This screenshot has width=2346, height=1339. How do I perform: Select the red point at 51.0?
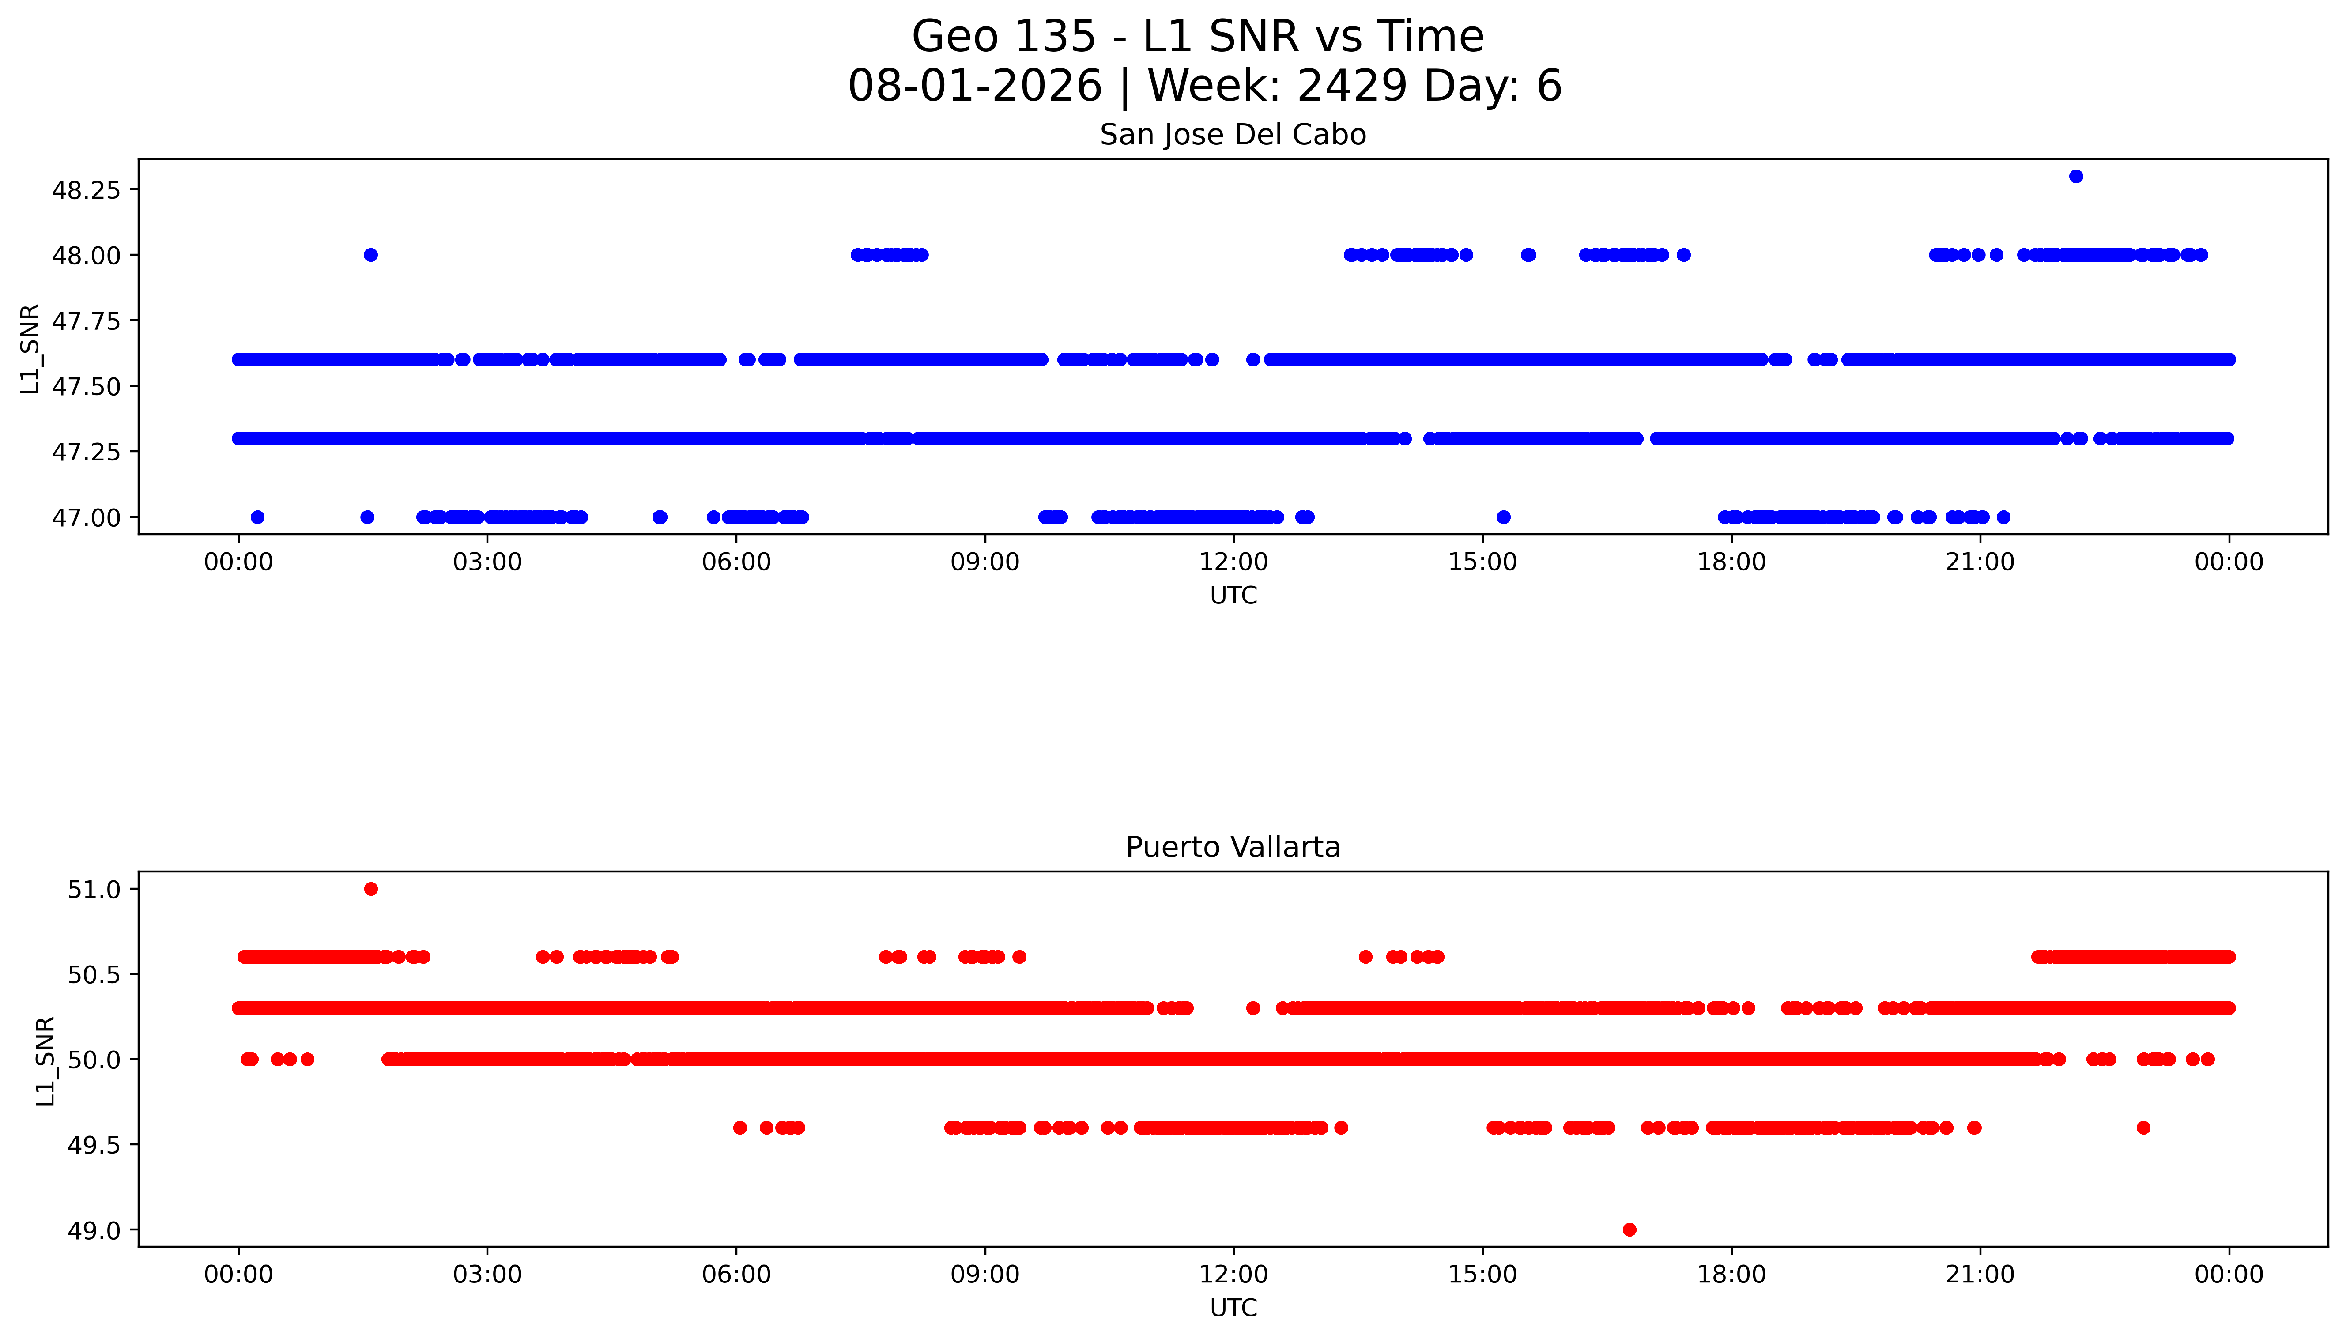pyautogui.click(x=370, y=888)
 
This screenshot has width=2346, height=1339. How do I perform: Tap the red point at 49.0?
pyautogui.click(x=1629, y=1230)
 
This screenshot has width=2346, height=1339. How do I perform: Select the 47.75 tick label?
pyautogui.click(x=86, y=321)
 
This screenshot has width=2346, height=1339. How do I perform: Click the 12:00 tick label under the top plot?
pyautogui.click(x=1233, y=562)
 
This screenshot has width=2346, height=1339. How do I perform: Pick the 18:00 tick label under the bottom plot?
pyautogui.click(x=1731, y=1275)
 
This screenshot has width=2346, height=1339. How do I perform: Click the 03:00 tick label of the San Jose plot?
pyautogui.click(x=487, y=562)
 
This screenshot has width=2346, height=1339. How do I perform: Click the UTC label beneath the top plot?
pyautogui.click(x=1233, y=596)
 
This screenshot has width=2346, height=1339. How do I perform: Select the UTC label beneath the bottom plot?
pyautogui.click(x=1233, y=1308)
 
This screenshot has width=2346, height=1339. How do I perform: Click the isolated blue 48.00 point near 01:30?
pyautogui.click(x=370, y=255)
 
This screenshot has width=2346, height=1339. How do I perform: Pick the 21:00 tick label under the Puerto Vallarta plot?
pyautogui.click(x=1980, y=1275)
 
